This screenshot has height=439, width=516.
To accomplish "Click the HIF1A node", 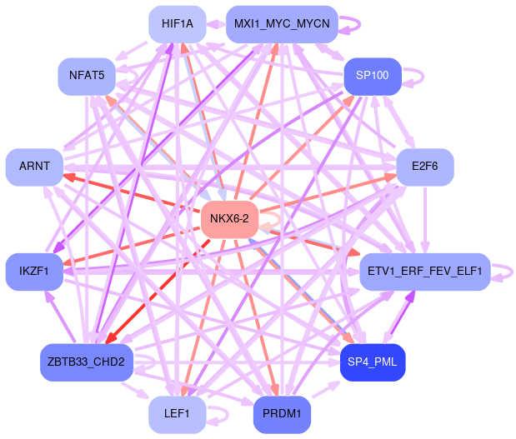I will [178, 24].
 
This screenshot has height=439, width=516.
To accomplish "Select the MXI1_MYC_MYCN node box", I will [282, 24].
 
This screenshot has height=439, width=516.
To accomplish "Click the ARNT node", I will [34, 167].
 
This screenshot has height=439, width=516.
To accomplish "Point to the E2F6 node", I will [424, 167].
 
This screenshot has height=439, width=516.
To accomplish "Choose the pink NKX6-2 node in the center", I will [229, 219].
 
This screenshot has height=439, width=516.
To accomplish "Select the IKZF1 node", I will [34, 272].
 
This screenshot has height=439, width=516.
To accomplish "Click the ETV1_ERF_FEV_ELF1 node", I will [424, 272].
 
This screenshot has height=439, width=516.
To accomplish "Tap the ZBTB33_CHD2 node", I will [87, 362].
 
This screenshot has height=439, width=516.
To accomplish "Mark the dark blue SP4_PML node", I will [373, 362].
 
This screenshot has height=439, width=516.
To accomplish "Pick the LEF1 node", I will [178, 414].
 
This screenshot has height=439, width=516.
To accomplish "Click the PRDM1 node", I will [282, 414].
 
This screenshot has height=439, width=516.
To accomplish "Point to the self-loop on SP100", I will [419, 77].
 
